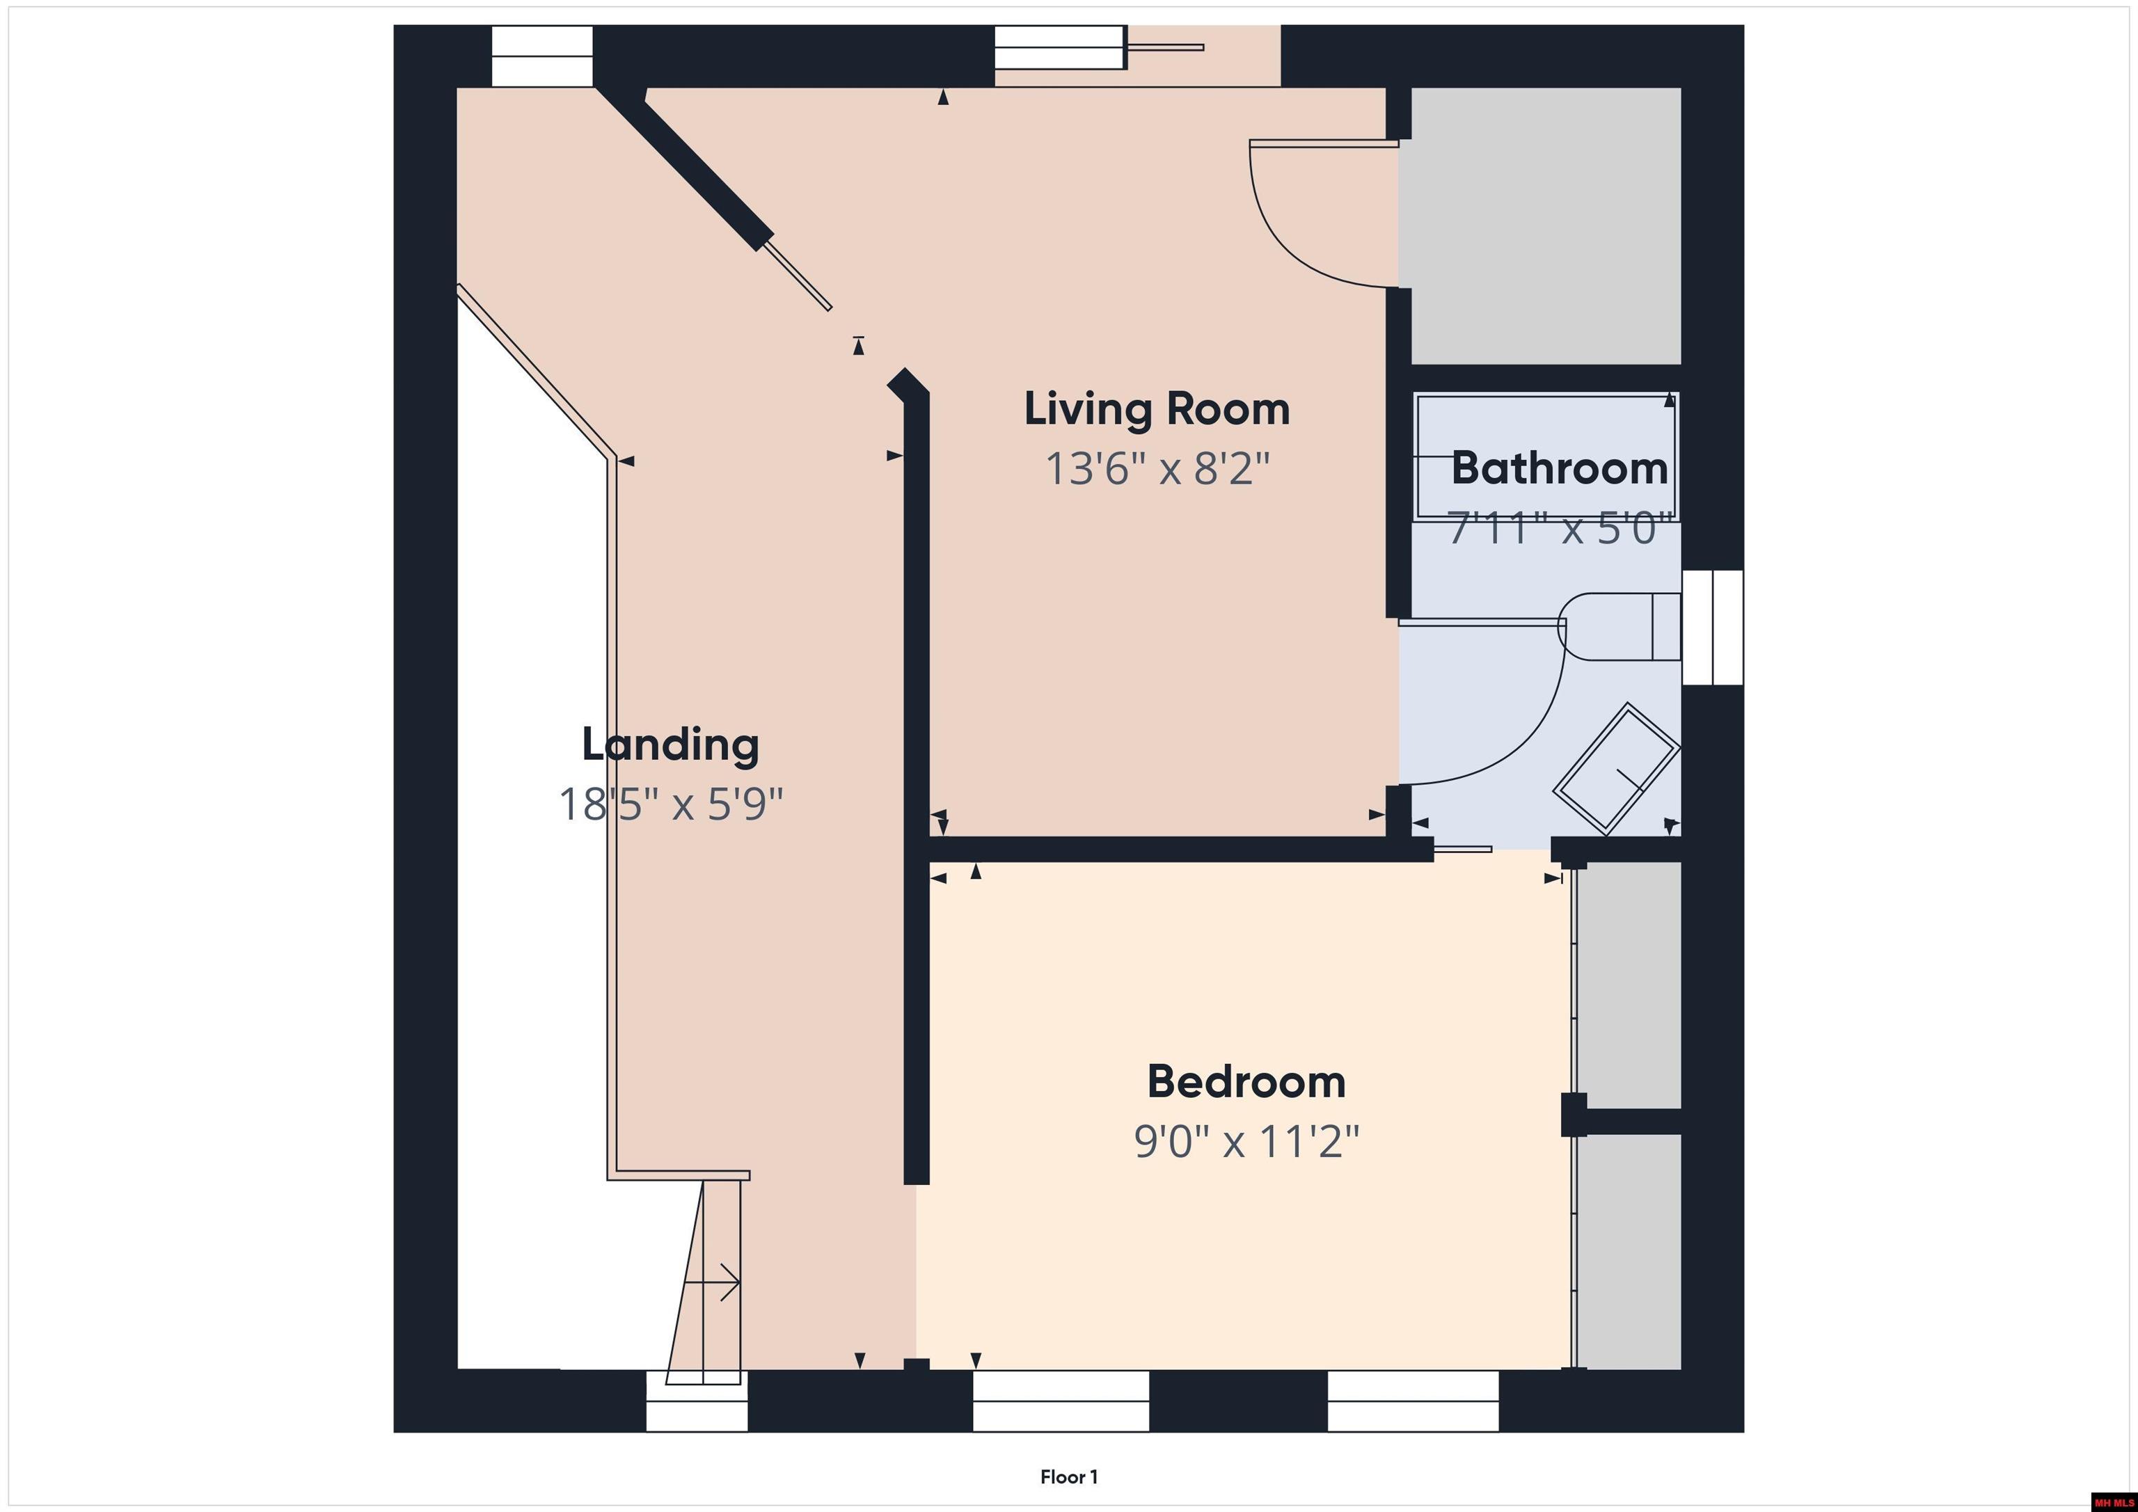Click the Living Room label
click(x=1157, y=410)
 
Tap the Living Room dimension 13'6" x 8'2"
click(x=1157, y=468)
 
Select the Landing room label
click(x=670, y=745)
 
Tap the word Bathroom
click(x=1559, y=468)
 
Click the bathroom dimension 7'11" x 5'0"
click(x=1554, y=529)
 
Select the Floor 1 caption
click(x=1069, y=1477)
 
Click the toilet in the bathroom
click(x=1620, y=627)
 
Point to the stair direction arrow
click(x=713, y=1283)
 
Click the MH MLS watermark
click(x=2112, y=1502)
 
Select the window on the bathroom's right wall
click(x=1713, y=627)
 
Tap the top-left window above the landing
click(x=542, y=56)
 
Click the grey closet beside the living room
click(x=1546, y=225)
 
